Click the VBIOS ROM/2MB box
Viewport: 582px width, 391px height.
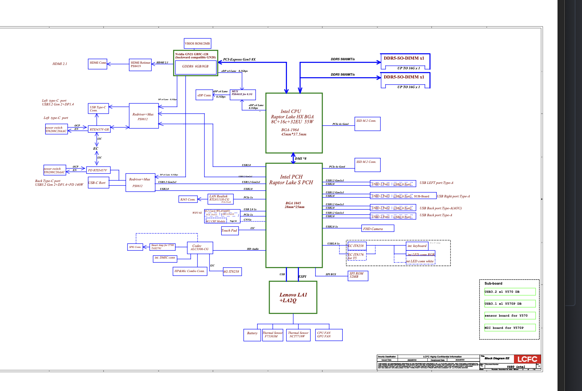pos(197,43)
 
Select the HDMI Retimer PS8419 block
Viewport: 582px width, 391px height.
pos(140,65)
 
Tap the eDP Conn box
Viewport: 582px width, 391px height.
pos(204,95)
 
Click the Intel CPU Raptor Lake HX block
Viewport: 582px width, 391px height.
pos(294,123)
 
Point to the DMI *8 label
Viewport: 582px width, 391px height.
pos(300,158)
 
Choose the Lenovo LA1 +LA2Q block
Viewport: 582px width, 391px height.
pos(293,297)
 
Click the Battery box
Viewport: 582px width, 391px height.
pos(252,335)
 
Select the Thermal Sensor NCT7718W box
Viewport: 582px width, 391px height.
pos(298,335)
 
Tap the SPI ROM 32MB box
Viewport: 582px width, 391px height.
pos(358,276)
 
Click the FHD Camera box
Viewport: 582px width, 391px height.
pos(378,229)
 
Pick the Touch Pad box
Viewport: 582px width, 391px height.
pos(230,231)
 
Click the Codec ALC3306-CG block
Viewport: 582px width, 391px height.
pos(200,248)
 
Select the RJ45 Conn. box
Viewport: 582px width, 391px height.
pos(188,199)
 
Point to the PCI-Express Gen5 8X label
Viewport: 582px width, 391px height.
pos(239,59)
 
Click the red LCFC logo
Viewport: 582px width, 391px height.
pos(527,359)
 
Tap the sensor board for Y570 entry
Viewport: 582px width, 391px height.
pos(510,316)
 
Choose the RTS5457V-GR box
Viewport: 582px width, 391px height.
pos(99,129)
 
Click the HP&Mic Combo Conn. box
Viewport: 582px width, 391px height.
pos(190,271)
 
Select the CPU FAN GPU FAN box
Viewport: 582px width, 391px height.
pos(329,335)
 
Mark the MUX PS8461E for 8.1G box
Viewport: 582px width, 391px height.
pos(242,94)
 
